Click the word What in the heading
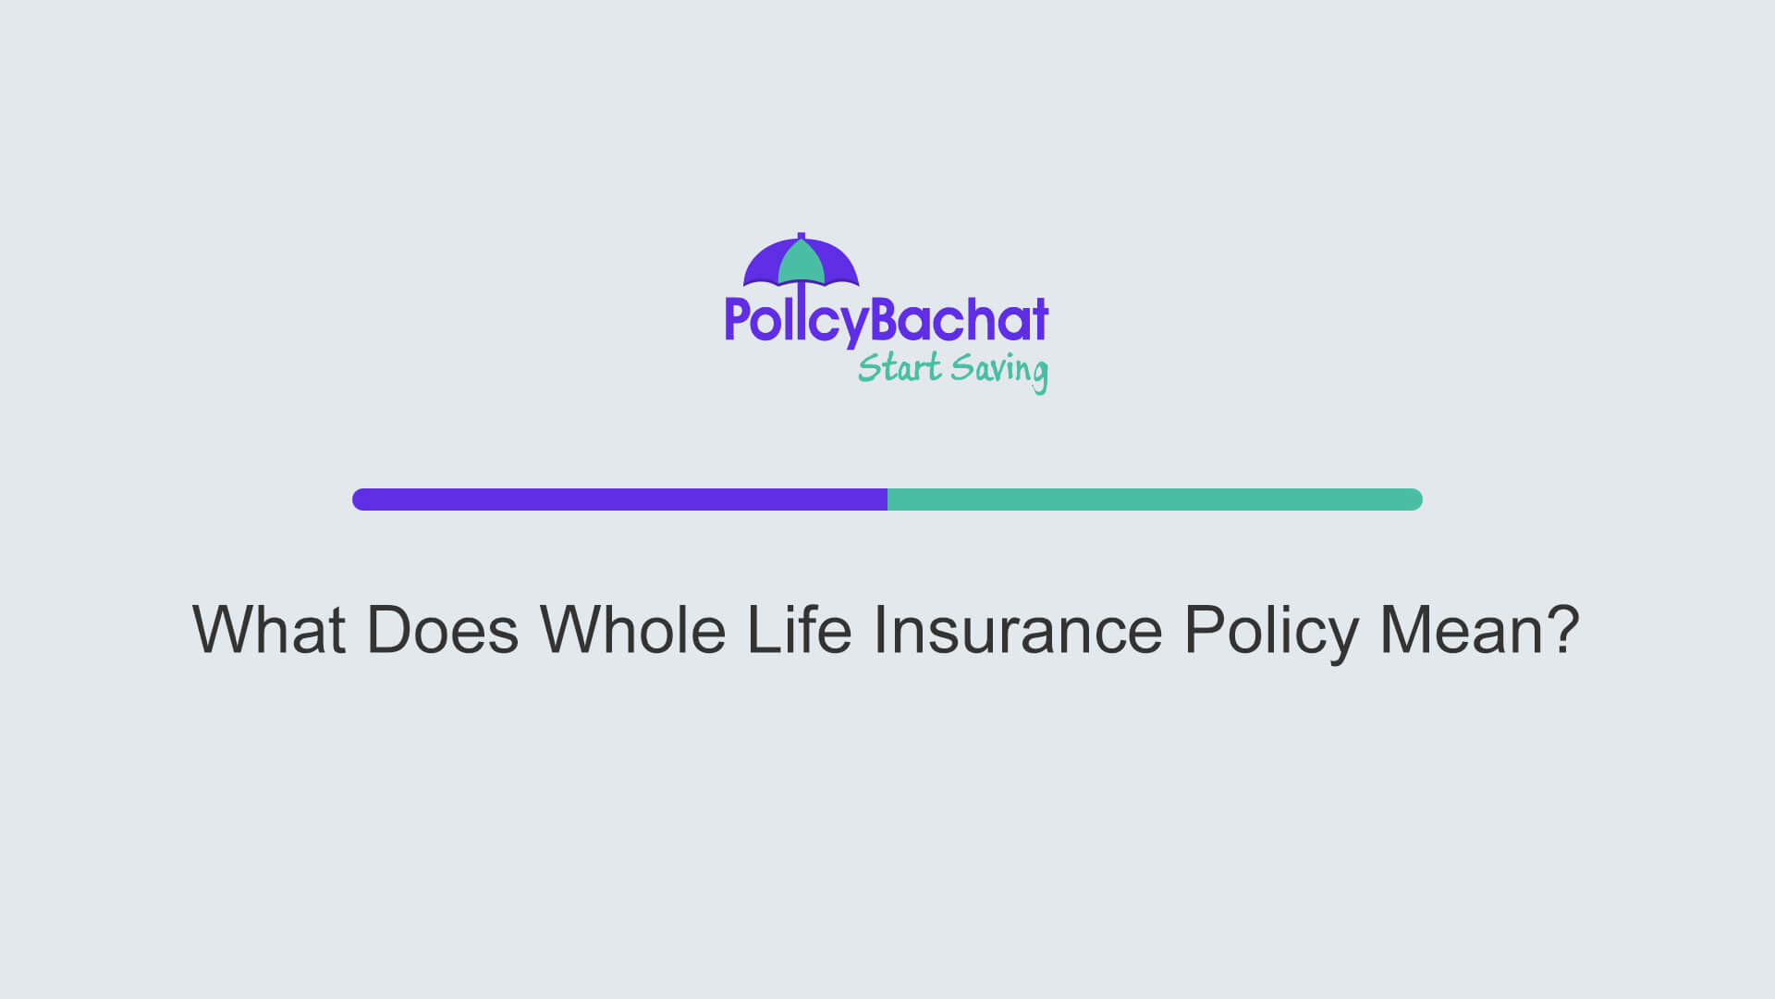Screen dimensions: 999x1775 [268, 631]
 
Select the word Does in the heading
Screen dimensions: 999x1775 [442, 631]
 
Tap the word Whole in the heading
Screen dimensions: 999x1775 [632, 631]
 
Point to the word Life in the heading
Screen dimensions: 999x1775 [799, 631]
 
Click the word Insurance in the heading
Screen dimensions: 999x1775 [1017, 631]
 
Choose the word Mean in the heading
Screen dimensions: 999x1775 [1461, 631]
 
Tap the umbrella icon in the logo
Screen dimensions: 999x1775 [801, 262]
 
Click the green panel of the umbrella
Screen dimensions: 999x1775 [801, 264]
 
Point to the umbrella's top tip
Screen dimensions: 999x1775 [801, 235]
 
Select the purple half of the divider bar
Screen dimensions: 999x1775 [619, 499]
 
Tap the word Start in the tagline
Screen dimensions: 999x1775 [899, 368]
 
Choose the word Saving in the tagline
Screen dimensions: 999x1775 [999, 370]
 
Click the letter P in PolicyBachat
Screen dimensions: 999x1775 [736, 319]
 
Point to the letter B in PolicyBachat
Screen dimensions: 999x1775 [887, 319]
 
